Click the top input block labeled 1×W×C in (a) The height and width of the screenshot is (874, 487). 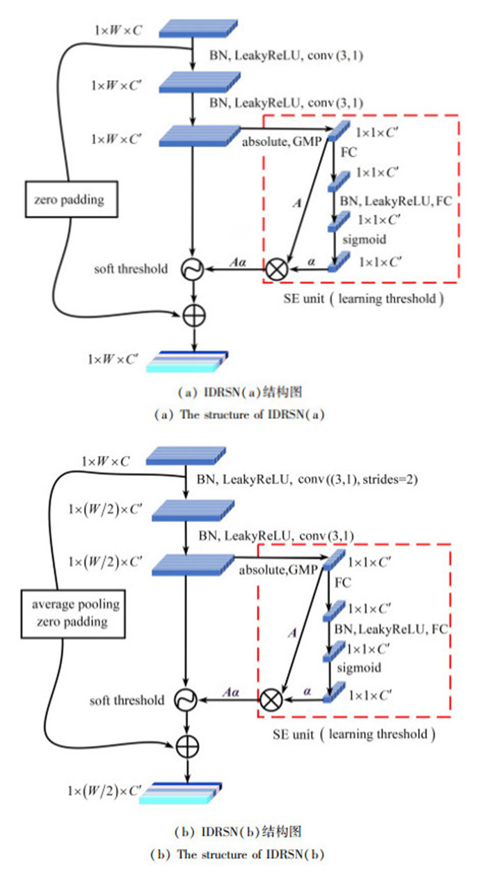coord(189,30)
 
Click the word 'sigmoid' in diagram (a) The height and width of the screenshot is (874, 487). coord(359,238)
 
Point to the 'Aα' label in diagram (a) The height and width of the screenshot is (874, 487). coord(237,262)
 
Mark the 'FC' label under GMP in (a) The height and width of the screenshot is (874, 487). coord(348,150)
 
